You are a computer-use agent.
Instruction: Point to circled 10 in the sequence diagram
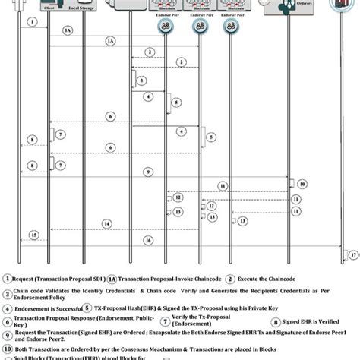[x=302, y=183]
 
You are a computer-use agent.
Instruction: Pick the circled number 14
[x=107, y=223]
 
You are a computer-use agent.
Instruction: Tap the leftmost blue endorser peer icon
[x=166, y=25]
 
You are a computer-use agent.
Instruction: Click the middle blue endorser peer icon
[x=198, y=25]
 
